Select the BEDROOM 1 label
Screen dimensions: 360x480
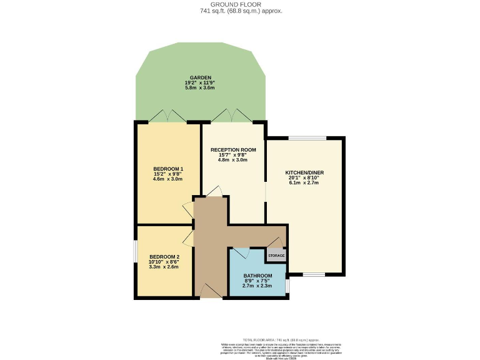coord(168,169)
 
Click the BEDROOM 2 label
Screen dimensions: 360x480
coord(164,257)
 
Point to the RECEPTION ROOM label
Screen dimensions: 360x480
coord(233,150)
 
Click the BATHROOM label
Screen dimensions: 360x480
coord(257,276)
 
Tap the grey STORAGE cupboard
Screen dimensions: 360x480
coord(276,256)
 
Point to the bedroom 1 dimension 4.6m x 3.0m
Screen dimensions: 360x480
coord(168,179)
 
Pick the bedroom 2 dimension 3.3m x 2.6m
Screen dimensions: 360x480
coord(164,267)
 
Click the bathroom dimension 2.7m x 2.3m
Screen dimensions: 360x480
coord(257,286)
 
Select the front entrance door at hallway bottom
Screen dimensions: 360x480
coord(212,291)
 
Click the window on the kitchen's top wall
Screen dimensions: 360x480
coord(306,137)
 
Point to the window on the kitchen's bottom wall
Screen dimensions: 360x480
coord(314,274)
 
